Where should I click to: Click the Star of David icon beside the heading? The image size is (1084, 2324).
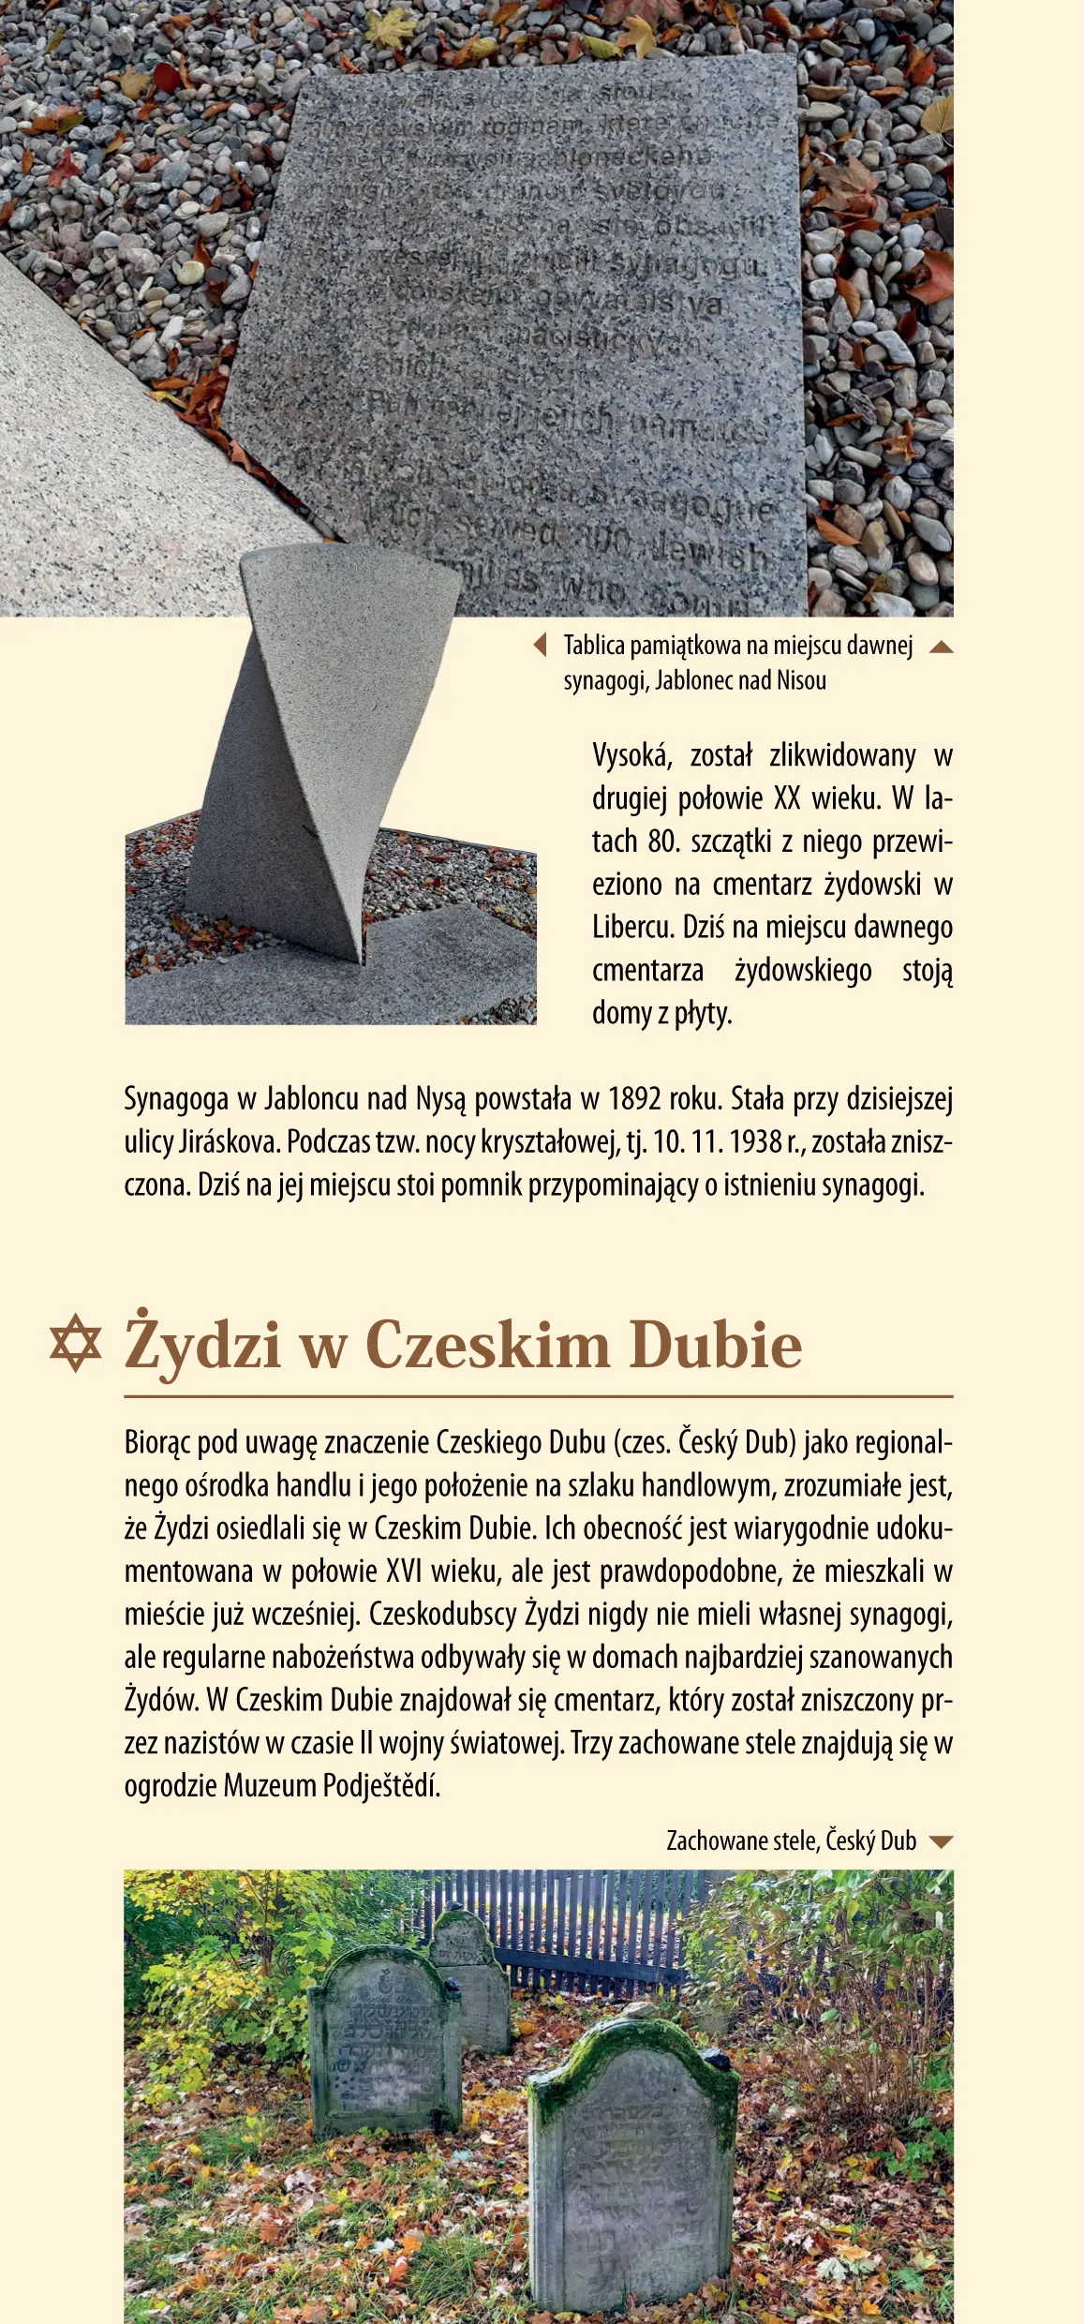(x=75, y=1345)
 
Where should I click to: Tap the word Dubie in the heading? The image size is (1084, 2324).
(x=715, y=1346)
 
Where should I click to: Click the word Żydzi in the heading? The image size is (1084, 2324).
(x=202, y=1346)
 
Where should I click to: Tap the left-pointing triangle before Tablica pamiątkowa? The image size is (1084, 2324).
(x=540, y=645)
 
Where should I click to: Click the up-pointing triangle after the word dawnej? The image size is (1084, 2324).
(x=941, y=646)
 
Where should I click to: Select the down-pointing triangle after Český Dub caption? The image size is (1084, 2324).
(x=941, y=1841)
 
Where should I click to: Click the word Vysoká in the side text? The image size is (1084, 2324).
(x=631, y=755)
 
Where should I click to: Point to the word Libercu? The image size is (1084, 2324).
(x=632, y=928)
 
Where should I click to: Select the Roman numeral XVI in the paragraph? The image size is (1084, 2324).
(x=404, y=1571)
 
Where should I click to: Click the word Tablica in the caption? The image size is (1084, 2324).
(x=594, y=646)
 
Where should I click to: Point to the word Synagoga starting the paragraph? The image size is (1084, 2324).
(x=176, y=1098)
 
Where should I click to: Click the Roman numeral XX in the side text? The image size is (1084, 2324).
(x=787, y=798)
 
